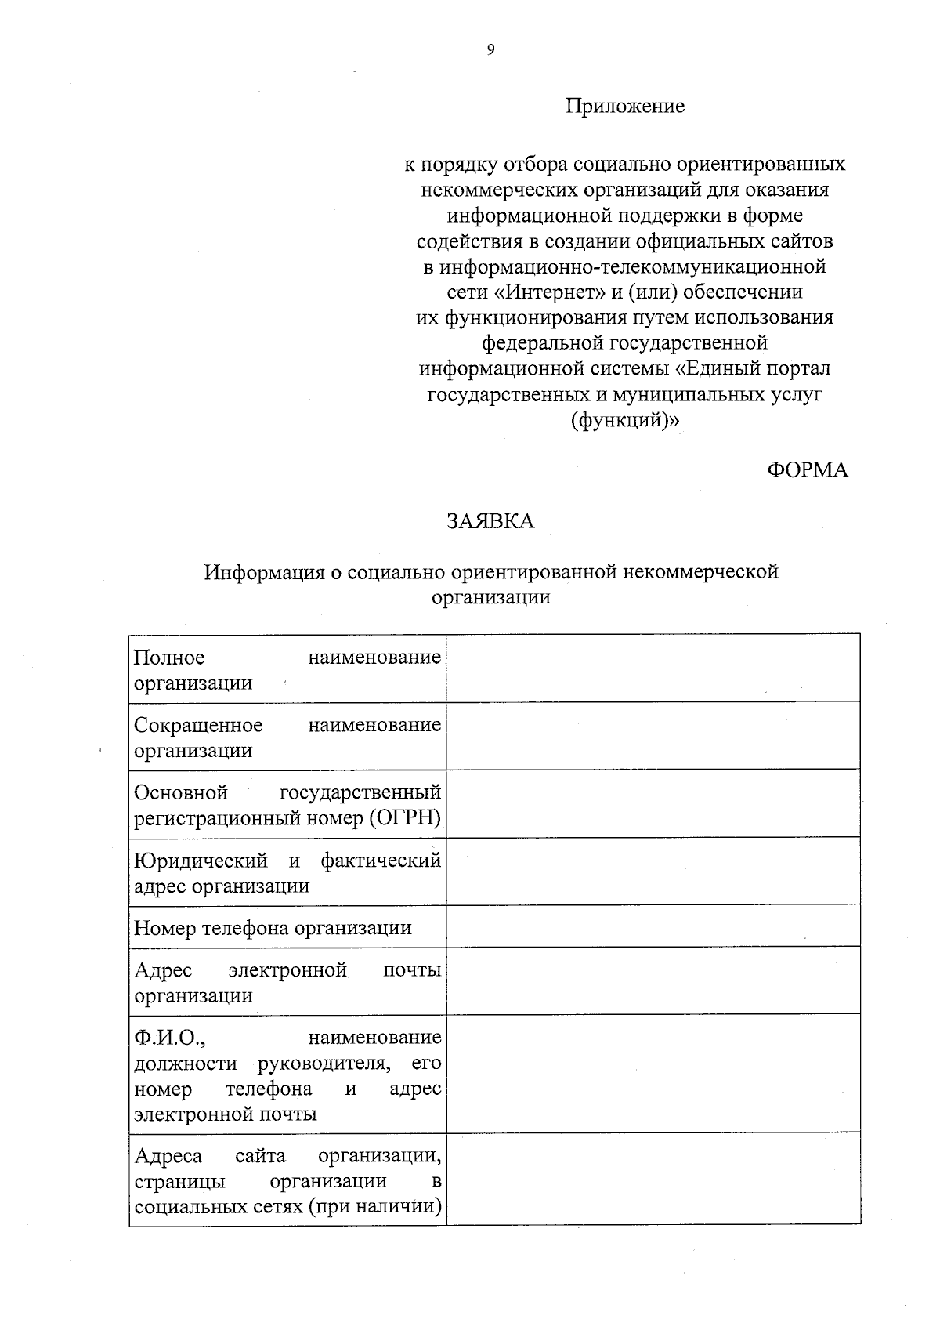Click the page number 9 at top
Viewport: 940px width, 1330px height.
490,50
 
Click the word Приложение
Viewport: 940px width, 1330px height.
625,106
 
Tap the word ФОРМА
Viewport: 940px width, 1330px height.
807,469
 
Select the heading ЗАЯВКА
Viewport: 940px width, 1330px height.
490,521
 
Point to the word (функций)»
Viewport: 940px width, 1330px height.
625,420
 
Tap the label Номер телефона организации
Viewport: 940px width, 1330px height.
273,928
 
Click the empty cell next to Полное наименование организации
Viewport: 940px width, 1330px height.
653,668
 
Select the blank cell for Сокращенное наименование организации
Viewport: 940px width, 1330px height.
653,735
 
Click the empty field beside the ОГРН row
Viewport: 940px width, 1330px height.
653,803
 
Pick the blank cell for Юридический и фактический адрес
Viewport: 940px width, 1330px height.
653,871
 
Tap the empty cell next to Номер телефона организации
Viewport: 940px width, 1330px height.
653,926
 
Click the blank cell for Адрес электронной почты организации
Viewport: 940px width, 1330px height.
653,980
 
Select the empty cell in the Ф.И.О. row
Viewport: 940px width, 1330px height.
653,1073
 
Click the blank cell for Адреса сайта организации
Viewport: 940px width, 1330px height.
653,1178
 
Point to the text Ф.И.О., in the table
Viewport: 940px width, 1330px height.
170,1038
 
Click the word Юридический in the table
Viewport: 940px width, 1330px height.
201,861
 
